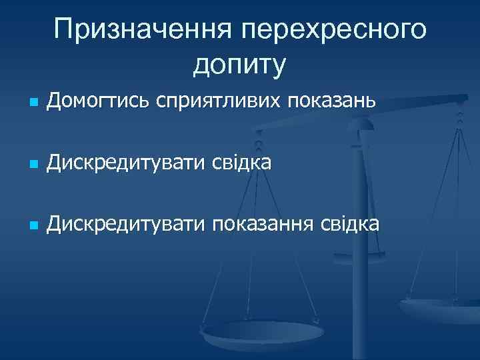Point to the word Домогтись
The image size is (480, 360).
pyautogui.click(x=99, y=102)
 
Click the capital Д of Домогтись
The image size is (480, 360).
pyautogui.click(x=55, y=102)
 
